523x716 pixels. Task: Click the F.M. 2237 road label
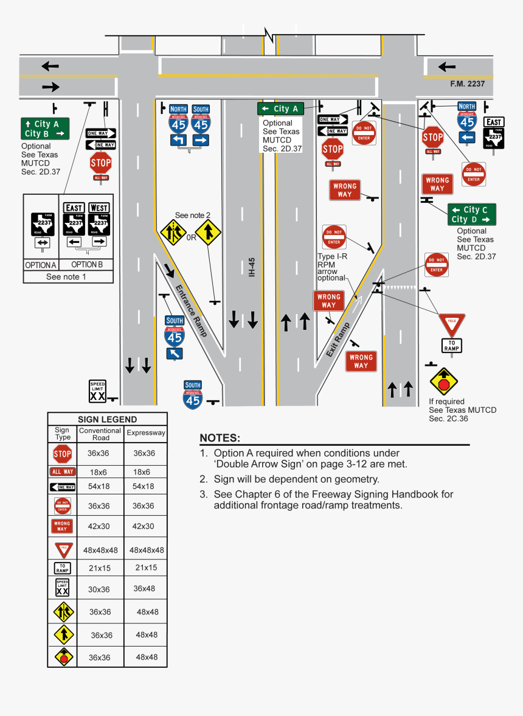pyautogui.click(x=467, y=84)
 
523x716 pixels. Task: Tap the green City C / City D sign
pyautogui.click(x=472, y=214)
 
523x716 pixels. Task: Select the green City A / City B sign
pyautogui.click(x=45, y=128)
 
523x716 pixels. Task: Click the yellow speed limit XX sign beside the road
pyautogui.click(x=97, y=391)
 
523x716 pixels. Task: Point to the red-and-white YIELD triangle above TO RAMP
pyautogui.click(x=452, y=323)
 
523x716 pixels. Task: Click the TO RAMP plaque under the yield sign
pyautogui.click(x=452, y=346)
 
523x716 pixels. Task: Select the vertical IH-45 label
pyautogui.click(x=252, y=267)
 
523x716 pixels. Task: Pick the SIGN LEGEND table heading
pyautogui.click(x=107, y=419)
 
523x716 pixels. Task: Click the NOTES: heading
pyautogui.click(x=220, y=438)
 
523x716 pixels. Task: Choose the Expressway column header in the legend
pyautogui.click(x=146, y=433)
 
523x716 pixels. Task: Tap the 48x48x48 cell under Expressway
pyautogui.click(x=146, y=550)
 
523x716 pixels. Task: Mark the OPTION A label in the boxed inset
pyautogui.click(x=40, y=265)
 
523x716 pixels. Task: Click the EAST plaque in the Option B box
pyautogui.click(x=74, y=208)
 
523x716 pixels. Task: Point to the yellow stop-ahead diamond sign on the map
pyautogui.click(x=443, y=382)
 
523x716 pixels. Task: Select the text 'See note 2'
pyautogui.click(x=193, y=215)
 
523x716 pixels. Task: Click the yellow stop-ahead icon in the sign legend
pyautogui.click(x=63, y=657)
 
